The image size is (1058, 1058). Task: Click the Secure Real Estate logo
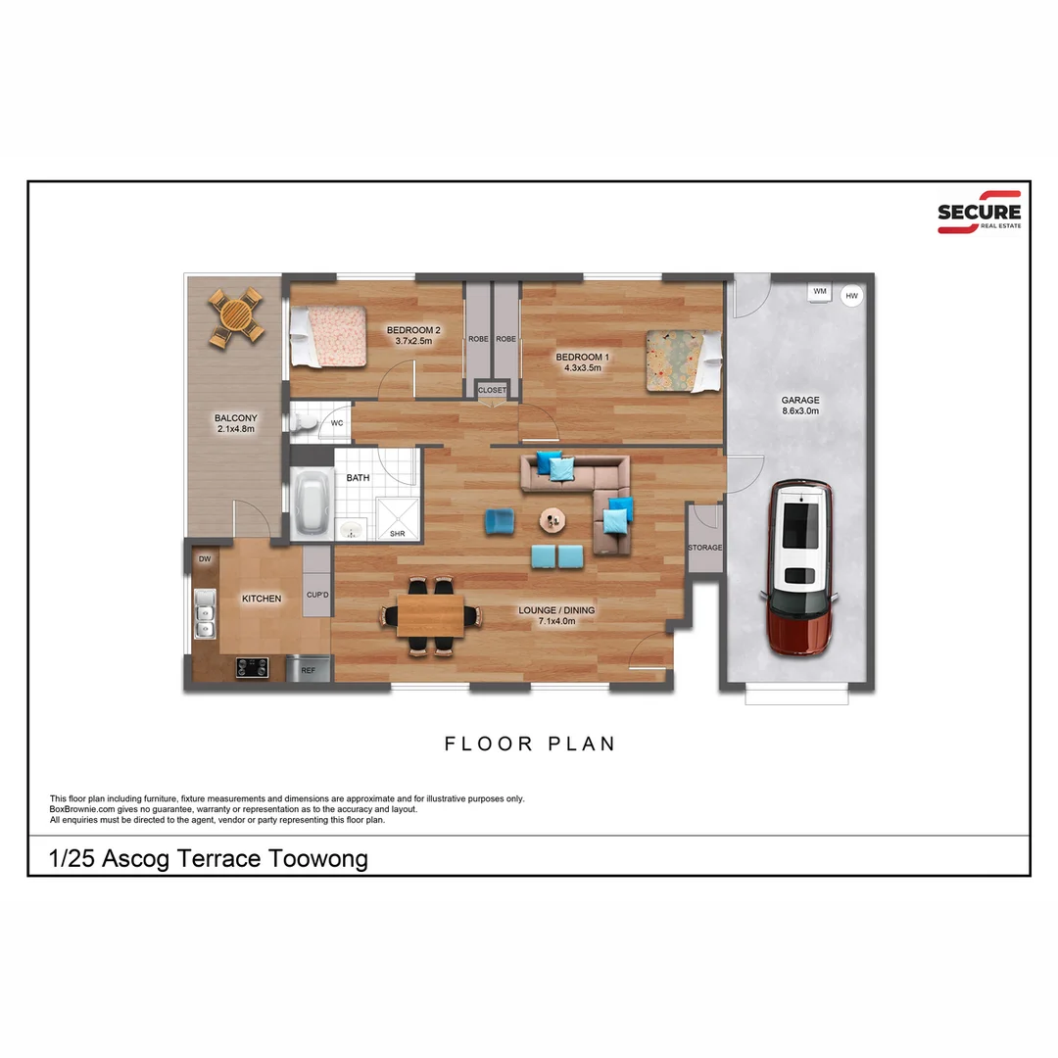[979, 212]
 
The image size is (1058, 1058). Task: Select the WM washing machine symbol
[819, 291]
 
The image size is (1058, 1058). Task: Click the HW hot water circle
[851, 295]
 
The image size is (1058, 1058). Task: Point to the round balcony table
[236, 316]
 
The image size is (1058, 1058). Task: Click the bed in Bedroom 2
[326, 336]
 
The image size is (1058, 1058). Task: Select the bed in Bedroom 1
[683, 361]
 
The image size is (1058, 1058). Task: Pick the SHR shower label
[397, 534]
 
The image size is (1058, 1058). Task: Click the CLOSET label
[492, 390]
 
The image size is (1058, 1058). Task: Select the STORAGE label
[704, 548]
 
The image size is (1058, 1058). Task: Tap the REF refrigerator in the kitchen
[308, 670]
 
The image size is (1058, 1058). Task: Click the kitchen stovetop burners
[252, 668]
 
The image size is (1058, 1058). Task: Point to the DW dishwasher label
[205, 559]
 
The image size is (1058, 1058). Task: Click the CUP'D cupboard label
[316, 595]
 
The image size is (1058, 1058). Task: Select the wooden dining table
[431, 615]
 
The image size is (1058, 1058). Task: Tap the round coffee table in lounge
[553, 519]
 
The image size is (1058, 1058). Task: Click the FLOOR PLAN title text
[530, 744]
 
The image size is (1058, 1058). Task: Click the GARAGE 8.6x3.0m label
[799, 406]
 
